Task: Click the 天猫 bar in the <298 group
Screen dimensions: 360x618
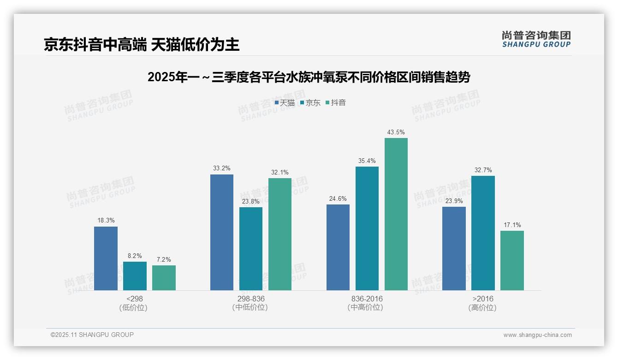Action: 106,258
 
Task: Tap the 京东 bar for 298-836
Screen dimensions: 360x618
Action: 251,249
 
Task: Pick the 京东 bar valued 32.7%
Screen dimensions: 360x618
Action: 483,233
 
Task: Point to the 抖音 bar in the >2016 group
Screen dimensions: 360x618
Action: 512,260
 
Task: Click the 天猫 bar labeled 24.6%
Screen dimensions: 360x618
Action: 338,247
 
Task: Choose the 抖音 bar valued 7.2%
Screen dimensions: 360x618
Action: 164,278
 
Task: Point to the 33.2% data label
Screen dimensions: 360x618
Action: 222,168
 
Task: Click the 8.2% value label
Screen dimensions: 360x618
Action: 135,256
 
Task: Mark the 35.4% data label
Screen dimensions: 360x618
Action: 367,161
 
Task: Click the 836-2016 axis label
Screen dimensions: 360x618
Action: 367,299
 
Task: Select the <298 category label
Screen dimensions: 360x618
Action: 135,299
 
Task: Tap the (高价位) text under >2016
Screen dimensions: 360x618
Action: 482,308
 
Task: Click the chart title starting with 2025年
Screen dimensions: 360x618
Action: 309,78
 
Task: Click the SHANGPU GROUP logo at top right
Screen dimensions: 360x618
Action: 536,39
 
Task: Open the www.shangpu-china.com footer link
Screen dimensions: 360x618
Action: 537,335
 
